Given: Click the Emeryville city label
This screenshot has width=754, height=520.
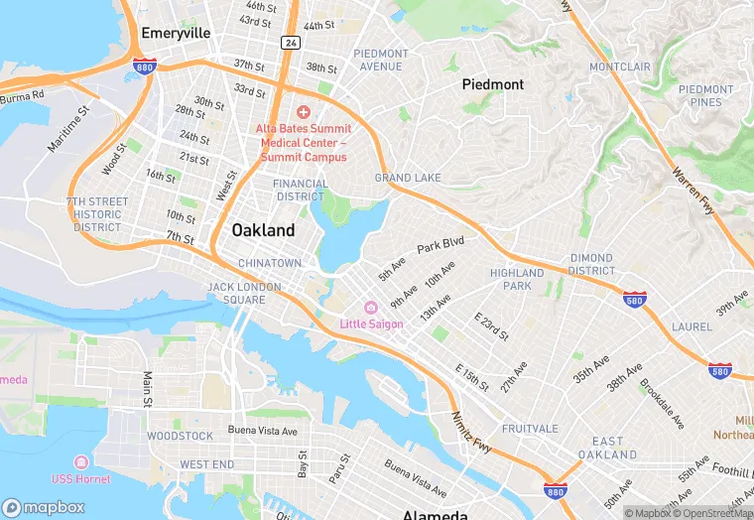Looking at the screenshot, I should point(176,33).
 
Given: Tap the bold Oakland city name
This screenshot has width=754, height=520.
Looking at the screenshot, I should point(263,230).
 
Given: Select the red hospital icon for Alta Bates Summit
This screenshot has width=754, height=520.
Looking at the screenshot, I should point(303,112).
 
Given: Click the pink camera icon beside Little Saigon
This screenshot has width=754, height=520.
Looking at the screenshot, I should point(371,308).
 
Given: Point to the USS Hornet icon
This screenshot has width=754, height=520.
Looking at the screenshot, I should point(80,463).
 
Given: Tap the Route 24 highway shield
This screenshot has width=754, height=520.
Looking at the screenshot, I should point(290,43).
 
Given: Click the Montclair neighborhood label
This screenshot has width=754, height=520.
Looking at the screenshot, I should point(620,66).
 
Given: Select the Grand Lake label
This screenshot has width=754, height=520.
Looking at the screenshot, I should point(408,178).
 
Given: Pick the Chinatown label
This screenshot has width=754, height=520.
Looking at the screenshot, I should point(270,263).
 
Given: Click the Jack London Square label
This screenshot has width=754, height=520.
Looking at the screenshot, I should point(236,293).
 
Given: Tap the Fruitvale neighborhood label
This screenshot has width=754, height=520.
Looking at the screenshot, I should point(531,430).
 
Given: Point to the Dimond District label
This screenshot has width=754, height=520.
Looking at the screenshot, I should point(591,264).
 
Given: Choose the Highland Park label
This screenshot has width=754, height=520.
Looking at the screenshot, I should point(517,279).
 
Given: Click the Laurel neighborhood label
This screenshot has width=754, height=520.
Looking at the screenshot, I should point(691,325).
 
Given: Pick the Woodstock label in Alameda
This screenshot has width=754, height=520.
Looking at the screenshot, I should point(180,436).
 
